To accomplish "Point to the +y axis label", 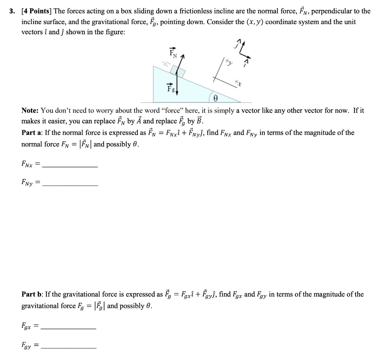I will [x=230, y=63].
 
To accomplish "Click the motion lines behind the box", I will [x=167, y=64].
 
